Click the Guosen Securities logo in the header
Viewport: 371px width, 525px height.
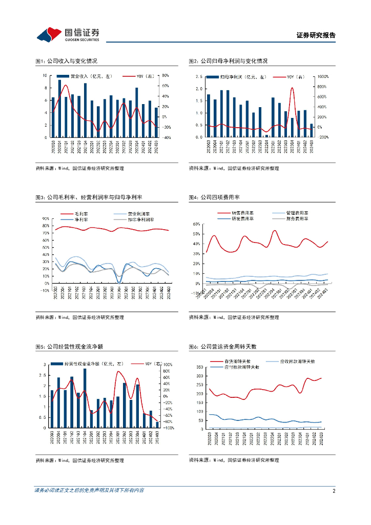68,34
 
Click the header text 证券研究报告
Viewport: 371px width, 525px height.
316,35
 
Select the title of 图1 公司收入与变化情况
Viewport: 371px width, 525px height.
66,61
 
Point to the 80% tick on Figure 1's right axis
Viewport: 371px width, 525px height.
166,75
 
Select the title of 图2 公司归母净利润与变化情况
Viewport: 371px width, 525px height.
228,61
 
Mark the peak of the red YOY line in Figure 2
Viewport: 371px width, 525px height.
292,88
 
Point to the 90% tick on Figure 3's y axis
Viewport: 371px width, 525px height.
46,219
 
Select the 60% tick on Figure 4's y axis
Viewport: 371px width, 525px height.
195,224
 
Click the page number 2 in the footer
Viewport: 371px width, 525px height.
334,491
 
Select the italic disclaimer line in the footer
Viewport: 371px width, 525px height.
89,491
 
